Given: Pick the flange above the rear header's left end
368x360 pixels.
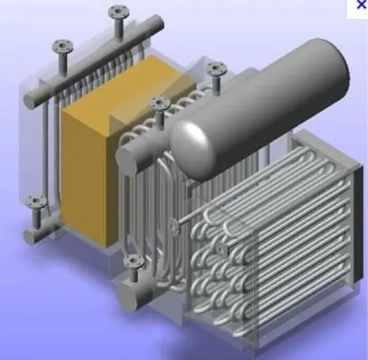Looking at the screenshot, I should (x=62, y=45).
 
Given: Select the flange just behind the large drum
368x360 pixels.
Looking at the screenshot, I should (x=215, y=68).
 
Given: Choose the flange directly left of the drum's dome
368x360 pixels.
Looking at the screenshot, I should (x=160, y=103).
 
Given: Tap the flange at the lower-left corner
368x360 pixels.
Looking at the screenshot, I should (x=34, y=201).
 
